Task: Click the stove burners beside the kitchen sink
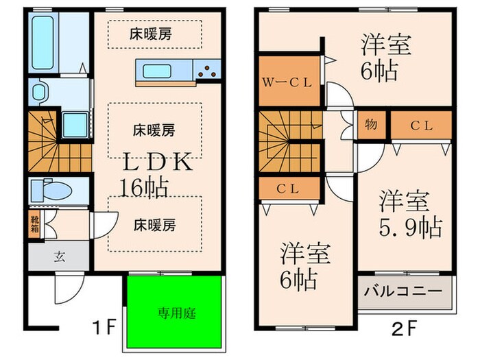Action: point(207,69)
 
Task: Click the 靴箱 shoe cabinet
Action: point(34,225)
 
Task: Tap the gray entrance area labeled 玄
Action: point(59,257)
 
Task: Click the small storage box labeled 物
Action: point(371,125)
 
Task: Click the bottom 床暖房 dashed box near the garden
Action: point(154,224)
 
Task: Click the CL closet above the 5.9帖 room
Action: point(421,125)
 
